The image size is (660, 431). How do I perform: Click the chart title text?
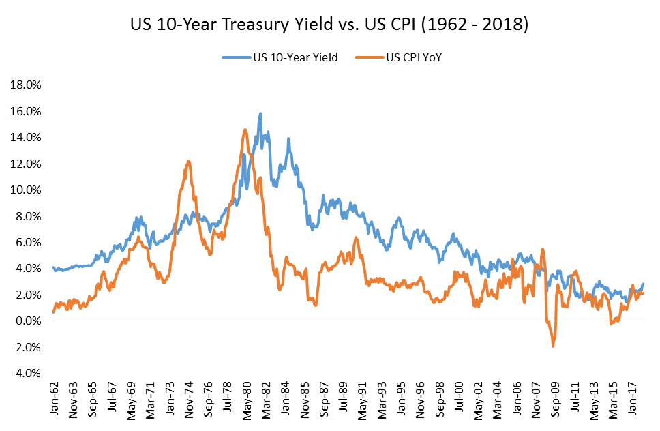coord(329,24)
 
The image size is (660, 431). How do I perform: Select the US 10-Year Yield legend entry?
coord(280,57)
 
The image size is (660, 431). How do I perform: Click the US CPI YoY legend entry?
coord(399,57)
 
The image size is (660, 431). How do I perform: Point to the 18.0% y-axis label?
coord(26,85)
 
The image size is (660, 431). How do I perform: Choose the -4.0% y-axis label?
coord(26,374)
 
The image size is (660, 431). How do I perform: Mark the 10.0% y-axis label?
coord(26,190)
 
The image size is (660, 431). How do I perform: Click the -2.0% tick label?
coord(26,347)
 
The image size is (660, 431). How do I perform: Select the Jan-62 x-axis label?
coord(54,398)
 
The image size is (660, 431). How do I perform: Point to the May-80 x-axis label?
coord(247,401)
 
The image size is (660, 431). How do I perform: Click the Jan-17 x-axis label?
coord(632,398)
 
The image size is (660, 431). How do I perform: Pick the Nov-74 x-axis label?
coord(189,400)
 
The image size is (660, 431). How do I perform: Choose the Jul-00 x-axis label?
coord(459,398)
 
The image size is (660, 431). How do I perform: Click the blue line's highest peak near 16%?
coord(260,113)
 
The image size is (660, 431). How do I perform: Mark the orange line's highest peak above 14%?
coord(245,130)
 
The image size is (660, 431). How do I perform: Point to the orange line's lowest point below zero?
coord(553,346)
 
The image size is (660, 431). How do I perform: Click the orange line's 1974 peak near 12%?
coord(188,161)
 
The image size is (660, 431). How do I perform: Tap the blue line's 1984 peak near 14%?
coord(288,138)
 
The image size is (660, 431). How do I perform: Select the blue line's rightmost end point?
coord(643,284)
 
